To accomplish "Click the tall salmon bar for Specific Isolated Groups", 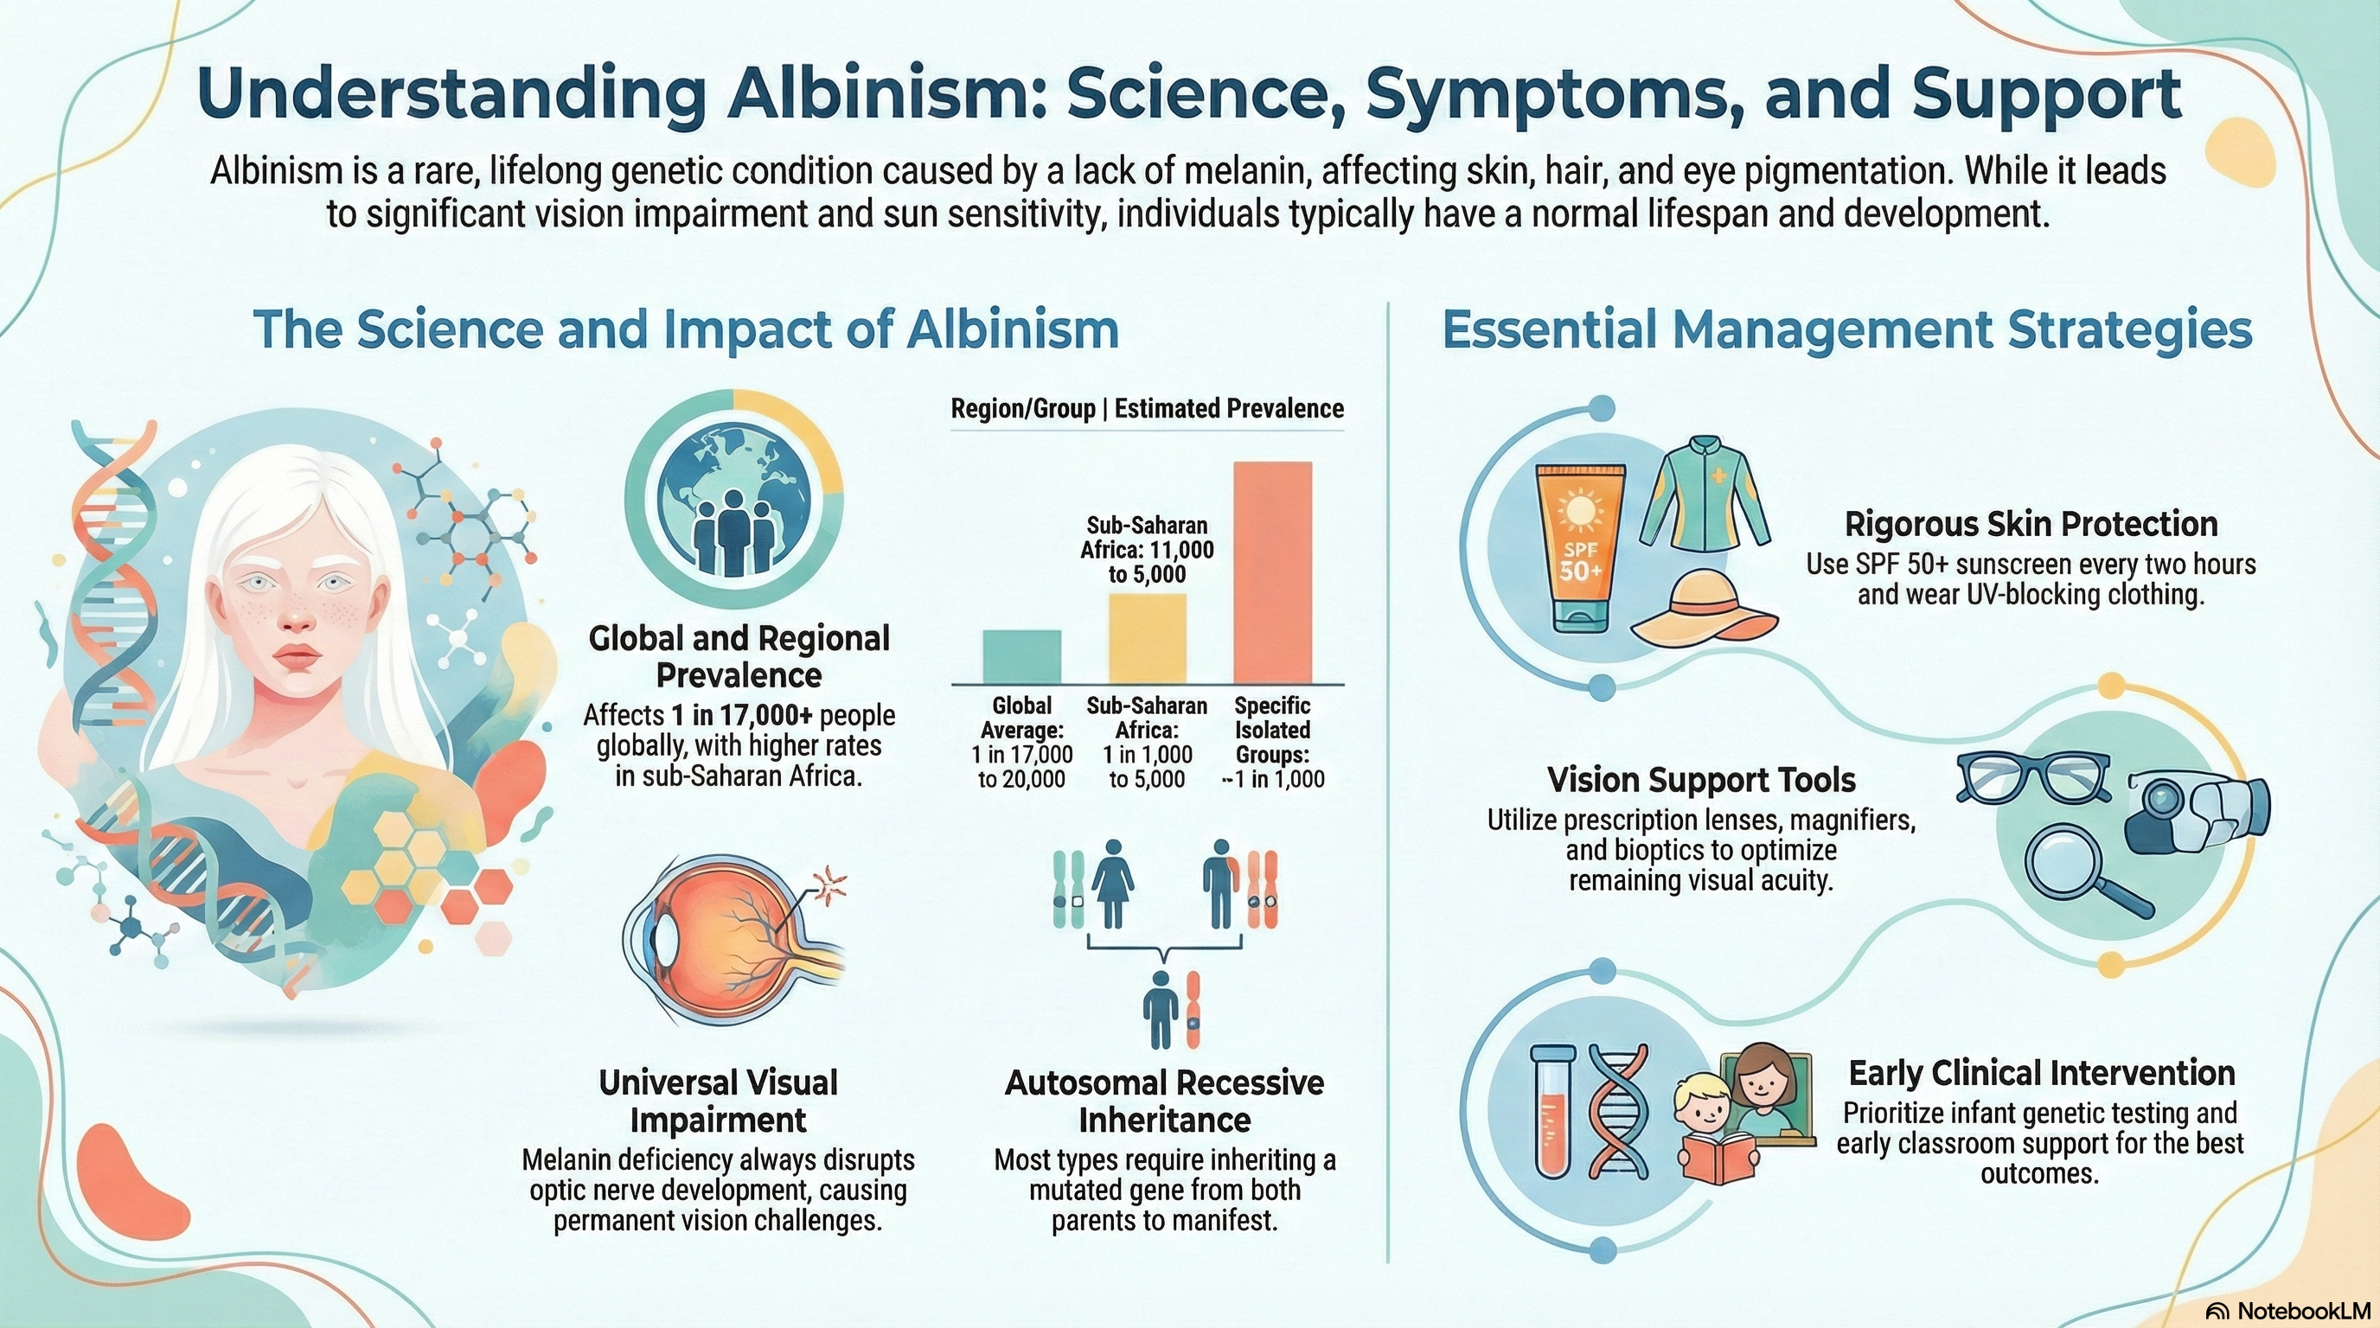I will [x=1272, y=572].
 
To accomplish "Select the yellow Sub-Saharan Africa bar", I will [x=1147, y=638].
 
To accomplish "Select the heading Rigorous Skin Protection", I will [x=2031, y=525].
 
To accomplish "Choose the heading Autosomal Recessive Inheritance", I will [x=1164, y=1101].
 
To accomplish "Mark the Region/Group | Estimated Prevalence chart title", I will [x=1147, y=409].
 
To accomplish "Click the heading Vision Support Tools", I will [x=1701, y=781].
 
